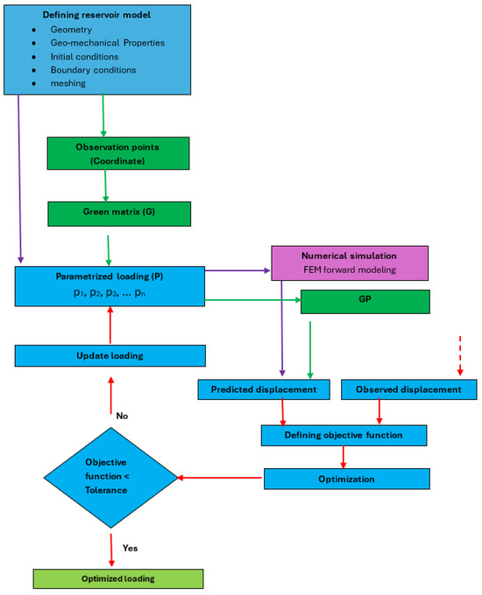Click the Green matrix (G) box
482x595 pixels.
[119, 214]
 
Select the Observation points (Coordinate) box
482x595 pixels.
[118, 153]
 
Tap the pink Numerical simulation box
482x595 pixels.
[350, 263]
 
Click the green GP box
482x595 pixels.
[365, 302]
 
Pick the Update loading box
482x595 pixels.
[110, 355]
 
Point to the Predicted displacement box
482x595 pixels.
[264, 389]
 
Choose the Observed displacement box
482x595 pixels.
[409, 389]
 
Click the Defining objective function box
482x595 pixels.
[344, 435]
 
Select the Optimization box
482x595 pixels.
[347, 479]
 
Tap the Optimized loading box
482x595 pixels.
[118, 578]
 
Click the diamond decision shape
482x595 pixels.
[110, 478]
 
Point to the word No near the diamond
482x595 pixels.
[122, 416]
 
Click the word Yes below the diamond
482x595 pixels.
[130, 548]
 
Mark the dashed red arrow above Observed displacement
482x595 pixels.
[460, 355]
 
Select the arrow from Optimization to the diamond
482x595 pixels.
[220, 478]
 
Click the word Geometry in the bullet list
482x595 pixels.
[71, 30]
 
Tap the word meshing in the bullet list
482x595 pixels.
[68, 83]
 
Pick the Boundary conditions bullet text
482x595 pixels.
[93, 70]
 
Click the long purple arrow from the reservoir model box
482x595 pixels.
[19, 178]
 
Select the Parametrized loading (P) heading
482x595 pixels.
[110, 276]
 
